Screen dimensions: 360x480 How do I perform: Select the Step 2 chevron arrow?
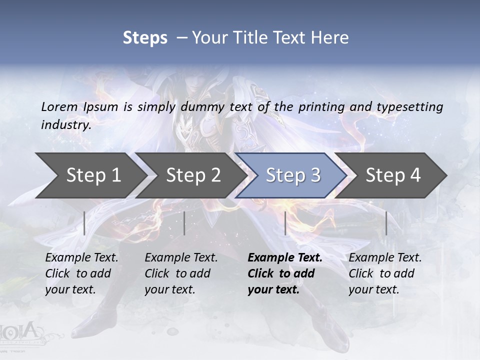coord(193,175)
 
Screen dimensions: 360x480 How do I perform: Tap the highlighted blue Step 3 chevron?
coord(293,175)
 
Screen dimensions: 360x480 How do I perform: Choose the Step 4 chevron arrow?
coord(393,175)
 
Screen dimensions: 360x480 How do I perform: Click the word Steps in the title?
coord(145,38)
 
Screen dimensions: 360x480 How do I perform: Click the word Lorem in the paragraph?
coord(59,106)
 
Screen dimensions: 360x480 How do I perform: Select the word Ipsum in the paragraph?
coord(101,106)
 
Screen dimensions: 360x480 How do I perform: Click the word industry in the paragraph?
coord(66,124)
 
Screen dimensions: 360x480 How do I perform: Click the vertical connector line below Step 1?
coord(84,223)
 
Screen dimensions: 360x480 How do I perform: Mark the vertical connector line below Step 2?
coord(184,223)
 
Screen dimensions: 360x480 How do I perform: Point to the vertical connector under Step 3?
coord(285,223)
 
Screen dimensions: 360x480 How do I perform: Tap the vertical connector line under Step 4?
coord(386,223)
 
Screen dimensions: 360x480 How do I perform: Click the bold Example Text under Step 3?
coord(285,258)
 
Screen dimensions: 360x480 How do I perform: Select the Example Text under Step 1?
coord(81,258)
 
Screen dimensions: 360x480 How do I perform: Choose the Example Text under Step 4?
coord(385,258)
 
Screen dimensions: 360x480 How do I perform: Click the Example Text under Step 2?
coord(181,258)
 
